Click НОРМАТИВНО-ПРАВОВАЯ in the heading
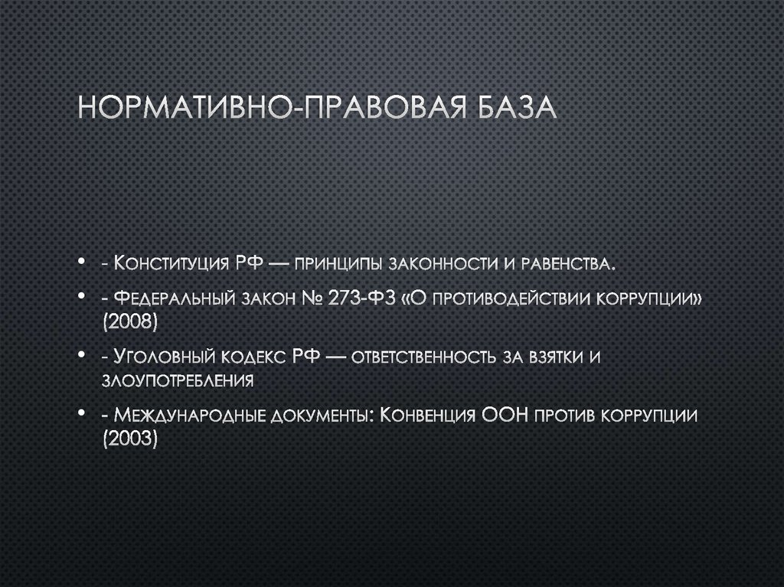(x=260, y=108)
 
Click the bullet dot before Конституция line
(x=80, y=265)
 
